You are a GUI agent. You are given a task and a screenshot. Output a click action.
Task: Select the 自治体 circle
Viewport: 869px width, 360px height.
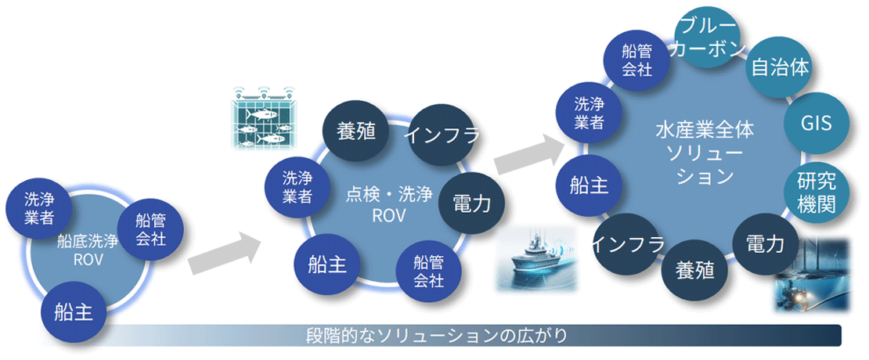(780, 67)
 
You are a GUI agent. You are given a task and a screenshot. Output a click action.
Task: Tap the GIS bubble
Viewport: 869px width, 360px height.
(815, 123)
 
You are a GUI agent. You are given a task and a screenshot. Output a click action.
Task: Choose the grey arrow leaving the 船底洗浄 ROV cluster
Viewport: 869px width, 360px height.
(224, 251)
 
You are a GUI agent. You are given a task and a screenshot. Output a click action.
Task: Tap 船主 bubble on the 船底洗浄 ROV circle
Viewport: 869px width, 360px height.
(74, 314)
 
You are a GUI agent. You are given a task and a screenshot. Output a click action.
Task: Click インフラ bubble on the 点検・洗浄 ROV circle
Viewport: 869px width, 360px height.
(441, 134)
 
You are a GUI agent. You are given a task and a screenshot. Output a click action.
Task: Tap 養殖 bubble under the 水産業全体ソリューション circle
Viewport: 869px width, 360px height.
(694, 270)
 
